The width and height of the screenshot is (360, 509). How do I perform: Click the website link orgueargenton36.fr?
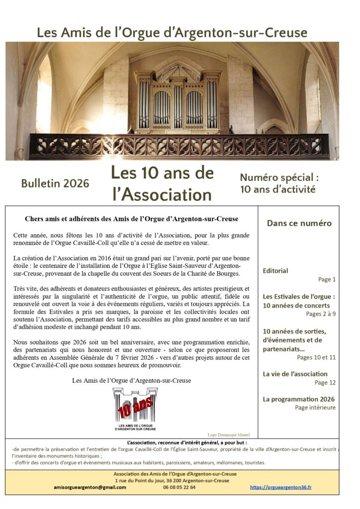pyautogui.click(x=280, y=487)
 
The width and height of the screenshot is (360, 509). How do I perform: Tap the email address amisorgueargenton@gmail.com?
pyautogui.click(x=90, y=487)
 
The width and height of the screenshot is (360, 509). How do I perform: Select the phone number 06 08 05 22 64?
pyautogui.click(x=179, y=487)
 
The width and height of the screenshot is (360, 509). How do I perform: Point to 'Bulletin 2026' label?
pyautogui.click(x=55, y=183)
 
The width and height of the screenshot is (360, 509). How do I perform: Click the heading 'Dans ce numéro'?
pyautogui.click(x=299, y=223)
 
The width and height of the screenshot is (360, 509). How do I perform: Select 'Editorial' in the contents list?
pyautogui.click(x=275, y=271)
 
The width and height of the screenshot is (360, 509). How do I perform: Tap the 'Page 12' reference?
pyautogui.click(x=325, y=382)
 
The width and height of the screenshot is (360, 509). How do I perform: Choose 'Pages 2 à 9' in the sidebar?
pyautogui.click(x=321, y=314)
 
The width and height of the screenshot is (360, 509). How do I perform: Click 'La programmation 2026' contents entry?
pyautogui.click(x=298, y=399)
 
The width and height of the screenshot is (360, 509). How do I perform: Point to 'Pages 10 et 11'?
pyautogui.click(x=316, y=357)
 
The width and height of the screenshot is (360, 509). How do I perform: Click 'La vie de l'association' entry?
pyautogui.click(x=295, y=374)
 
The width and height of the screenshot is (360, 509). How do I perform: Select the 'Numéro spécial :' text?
pyautogui.click(x=278, y=177)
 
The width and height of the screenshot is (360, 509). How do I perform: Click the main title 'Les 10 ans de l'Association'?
pyautogui.click(x=162, y=183)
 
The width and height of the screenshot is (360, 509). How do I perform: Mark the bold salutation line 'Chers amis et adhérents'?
pyautogui.click(x=131, y=219)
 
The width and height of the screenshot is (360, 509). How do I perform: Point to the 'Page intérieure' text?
pyautogui.click(x=315, y=408)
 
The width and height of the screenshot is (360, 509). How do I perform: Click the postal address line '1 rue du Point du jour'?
pyautogui.click(x=172, y=481)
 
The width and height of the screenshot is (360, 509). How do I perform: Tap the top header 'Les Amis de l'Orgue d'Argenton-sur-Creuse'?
pyautogui.click(x=172, y=33)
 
